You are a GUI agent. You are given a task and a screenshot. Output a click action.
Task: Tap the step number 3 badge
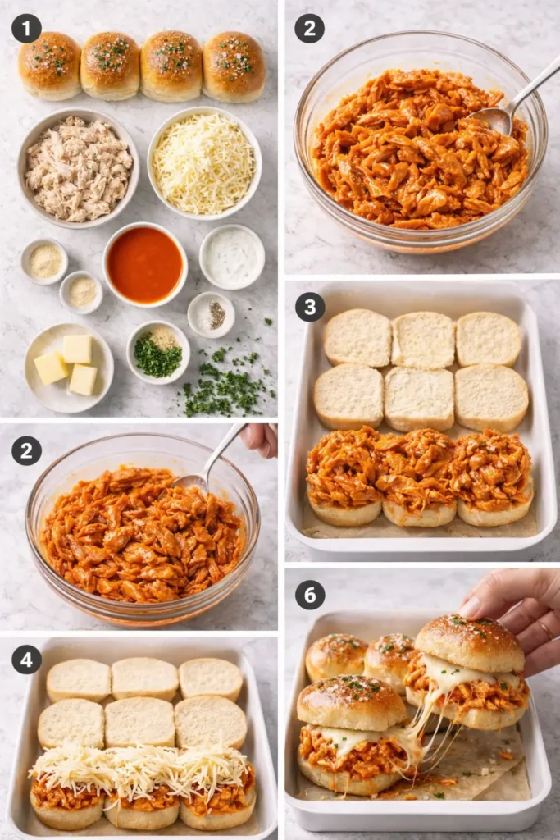pyautogui.click(x=310, y=307)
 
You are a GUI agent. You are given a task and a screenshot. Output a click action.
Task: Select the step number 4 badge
pyautogui.click(x=26, y=659)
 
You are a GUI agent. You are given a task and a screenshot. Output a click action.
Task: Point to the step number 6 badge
pyautogui.click(x=310, y=595)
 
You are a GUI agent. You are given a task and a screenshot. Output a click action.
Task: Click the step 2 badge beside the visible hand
pyautogui.click(x=26, y=450)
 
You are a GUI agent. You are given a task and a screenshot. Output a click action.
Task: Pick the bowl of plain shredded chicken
pyautogui.click(x=78, y=168)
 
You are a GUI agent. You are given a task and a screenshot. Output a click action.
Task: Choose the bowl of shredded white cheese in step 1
pyautogui.click(x=204, y=162)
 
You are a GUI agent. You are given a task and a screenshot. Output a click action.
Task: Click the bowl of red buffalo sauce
pyautogui.click(x=145, y=264)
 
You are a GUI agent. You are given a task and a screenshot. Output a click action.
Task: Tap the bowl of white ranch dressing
pyautogui.click(x=232, y=257)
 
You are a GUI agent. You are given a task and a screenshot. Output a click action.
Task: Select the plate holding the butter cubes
pyautogui.click(x=69, y=367)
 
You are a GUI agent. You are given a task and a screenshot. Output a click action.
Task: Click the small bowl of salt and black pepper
pyautogui.click(x=211, y=314)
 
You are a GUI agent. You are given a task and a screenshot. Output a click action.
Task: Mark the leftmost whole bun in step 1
pyautogui.click(x=49, y=65)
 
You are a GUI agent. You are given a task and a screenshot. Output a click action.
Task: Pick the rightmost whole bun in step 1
pyautogui.click(x=234, y=66)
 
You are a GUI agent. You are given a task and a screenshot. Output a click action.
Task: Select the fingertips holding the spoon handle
pyautogui.click(x=261, y=439)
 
